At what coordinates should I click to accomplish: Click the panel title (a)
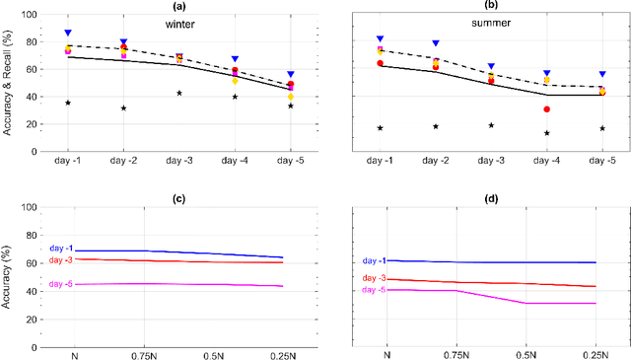180,6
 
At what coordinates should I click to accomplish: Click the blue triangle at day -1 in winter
68,33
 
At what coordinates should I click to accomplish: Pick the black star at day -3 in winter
179,94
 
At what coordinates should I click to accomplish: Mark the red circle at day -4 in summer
546,109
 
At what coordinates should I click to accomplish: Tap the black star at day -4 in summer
546,133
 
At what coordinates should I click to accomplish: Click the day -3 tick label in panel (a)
179,159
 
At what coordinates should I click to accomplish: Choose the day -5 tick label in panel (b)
602,159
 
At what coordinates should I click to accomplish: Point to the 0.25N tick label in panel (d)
602,352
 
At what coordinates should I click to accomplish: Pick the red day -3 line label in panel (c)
62,260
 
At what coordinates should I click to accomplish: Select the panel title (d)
491,198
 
